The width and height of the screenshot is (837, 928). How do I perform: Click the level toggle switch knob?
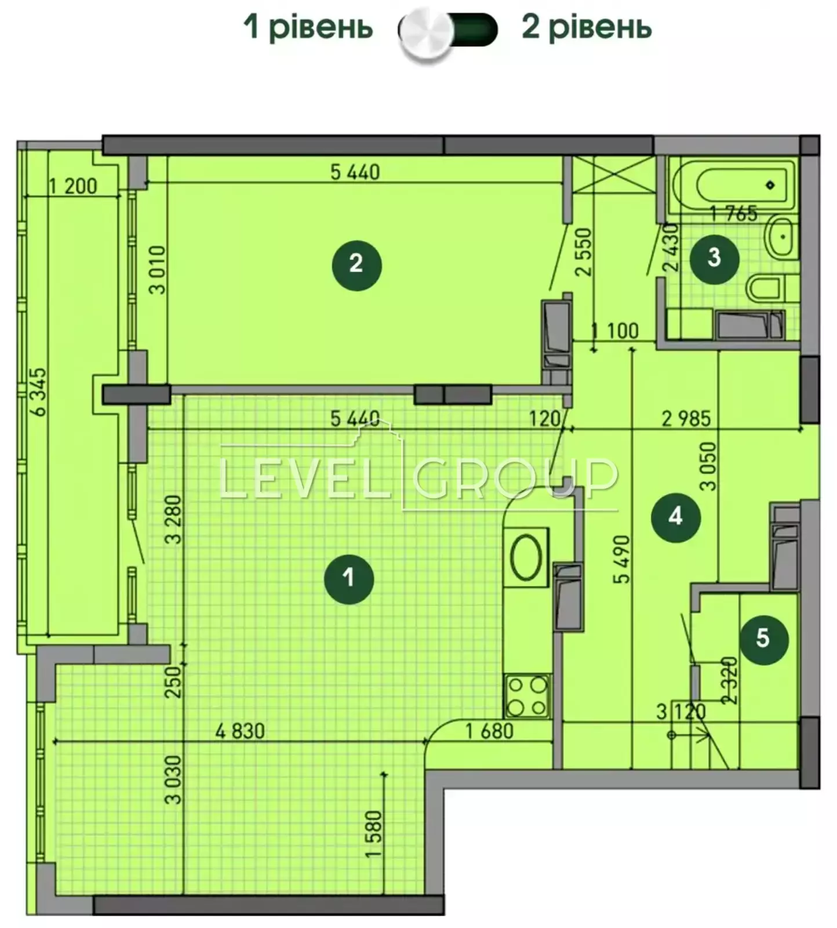point(427,33)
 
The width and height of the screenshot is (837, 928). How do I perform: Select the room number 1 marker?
point(348,578)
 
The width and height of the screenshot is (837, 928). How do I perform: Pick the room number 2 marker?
point(356,265)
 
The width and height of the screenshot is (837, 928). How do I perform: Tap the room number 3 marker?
point(714,258)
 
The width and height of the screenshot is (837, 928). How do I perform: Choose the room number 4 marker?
point(676,517)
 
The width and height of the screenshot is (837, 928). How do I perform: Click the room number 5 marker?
point(763,639)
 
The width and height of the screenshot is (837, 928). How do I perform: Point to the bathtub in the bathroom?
point(732,185)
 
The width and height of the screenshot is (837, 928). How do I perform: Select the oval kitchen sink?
point(526,557)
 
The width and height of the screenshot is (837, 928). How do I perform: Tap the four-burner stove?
point(527,696)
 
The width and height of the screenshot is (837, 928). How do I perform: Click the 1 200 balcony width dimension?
point(73,186)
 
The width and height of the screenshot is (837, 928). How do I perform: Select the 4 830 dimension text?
point(240,731)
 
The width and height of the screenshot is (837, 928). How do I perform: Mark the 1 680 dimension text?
point(490,731)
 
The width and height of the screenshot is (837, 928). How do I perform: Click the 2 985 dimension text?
point(686,418)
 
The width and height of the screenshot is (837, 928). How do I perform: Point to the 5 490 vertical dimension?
point(622,559)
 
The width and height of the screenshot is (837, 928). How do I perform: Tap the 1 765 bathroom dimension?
point(734,214)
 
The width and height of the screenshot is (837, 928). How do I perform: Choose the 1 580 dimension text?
point(374,834)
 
